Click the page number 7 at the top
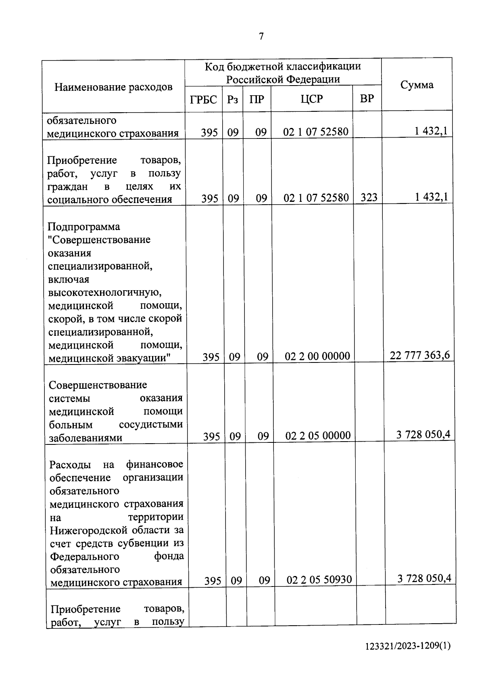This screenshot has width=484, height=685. [261, 36]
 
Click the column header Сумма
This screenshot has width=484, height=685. [417, 85]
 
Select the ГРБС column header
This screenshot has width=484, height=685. [203, 99]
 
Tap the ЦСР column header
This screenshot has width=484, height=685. [311, 99]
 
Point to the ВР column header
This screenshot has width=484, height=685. [367, 98]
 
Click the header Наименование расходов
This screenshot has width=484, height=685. [113, 87]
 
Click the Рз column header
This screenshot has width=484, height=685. [232, 99]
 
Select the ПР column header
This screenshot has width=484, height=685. [257, 99]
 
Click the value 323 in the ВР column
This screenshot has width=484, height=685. [369, 197]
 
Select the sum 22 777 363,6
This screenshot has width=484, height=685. [419, 355]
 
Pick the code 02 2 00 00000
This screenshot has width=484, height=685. [317, 356]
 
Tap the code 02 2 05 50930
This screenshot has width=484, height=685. [319, 580]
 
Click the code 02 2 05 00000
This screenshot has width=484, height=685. [318, 436]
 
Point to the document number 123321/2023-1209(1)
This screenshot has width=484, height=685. [407, 646]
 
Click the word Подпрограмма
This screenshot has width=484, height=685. [83, 226]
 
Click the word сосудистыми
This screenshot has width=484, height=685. [151, 425]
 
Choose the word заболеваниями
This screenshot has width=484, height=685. [86, 438]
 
